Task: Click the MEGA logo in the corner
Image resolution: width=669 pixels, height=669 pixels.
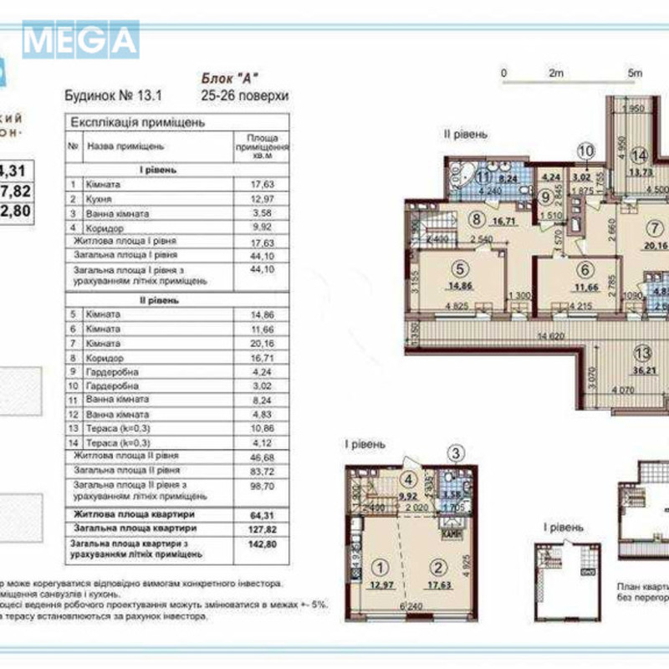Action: [x=80, y=39]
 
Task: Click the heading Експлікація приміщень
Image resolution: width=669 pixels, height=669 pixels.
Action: [x=138, y=122]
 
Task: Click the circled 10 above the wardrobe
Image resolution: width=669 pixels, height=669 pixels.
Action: [x=586, y=151]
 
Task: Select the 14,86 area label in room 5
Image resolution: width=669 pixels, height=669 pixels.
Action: [x=457, y=284]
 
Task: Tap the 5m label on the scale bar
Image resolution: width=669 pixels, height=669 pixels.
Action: [x=635, y=74]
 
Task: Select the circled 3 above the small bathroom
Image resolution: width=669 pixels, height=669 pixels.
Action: [x=456, y=454]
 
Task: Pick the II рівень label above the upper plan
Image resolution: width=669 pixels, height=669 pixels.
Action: [x=466, y=134]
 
